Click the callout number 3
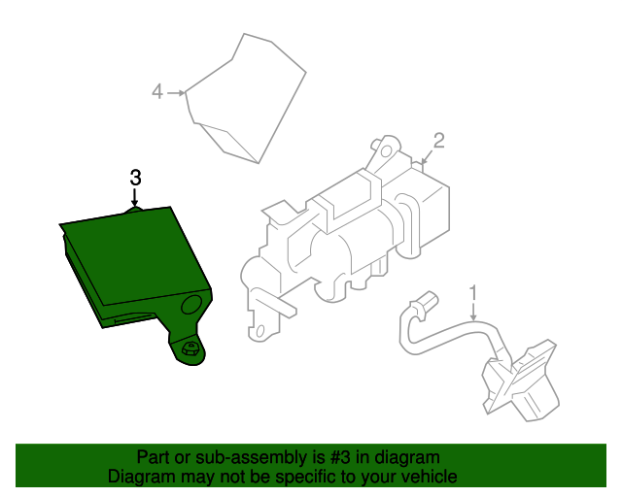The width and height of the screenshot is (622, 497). [x=135, y=178]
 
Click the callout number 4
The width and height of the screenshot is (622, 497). [x=157, y=92]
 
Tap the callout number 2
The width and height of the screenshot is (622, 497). [x=438, y=141]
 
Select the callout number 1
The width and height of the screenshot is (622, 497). [x=473, y=291]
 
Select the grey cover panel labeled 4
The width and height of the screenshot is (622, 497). [x=248, y=97]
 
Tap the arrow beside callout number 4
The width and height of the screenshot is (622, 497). [x=176, y=92]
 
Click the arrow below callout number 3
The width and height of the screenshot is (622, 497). [x=135, y=196]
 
